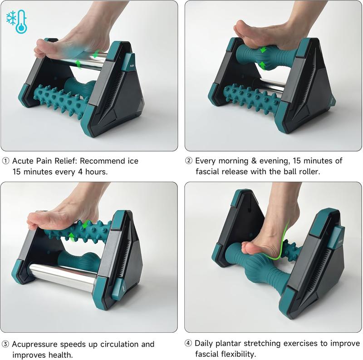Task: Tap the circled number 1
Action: [x=6, y=161]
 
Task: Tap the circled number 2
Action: [x=189, y=161]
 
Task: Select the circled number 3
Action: [x=6, y=344]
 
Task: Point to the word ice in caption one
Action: [x=132, y=161]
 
